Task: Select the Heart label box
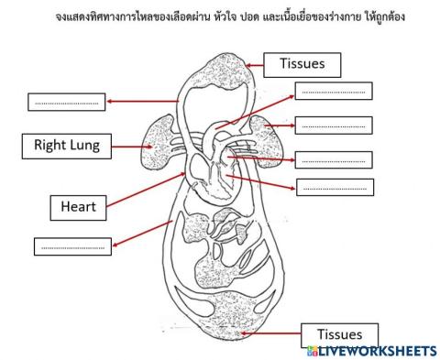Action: click(78, 207)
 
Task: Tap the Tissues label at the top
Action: click(302, 63)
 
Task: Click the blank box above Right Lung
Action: click(66, 102)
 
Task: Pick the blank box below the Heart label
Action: click(72, 246)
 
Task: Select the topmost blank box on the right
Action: click(333, 91)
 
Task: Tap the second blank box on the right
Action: click(334, 125)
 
